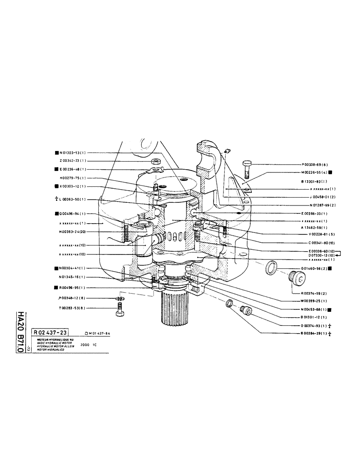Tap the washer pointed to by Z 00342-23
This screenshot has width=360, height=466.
click(x=155, y=161)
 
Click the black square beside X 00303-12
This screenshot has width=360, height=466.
click(x=56, y=186)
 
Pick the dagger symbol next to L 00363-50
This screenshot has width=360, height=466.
click(x=56, y=199)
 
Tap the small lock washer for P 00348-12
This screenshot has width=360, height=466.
click(x=120, y=299)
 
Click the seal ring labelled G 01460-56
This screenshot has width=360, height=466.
click(x=270, y=269)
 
